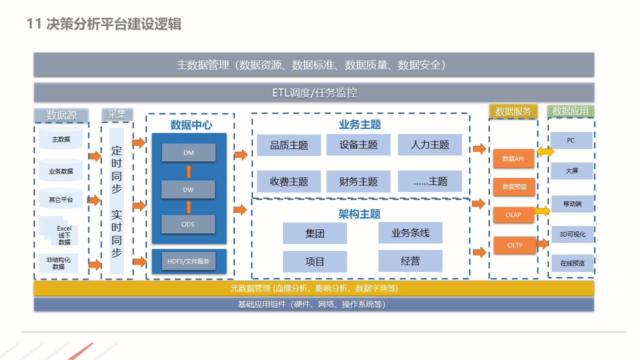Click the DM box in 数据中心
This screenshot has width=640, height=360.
coord(188,152)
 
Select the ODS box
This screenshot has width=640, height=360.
coord(188,224)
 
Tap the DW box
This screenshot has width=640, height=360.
coord(188,189)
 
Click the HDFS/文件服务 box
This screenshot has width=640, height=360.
coord(188,261)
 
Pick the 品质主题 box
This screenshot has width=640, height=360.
coord(289,145)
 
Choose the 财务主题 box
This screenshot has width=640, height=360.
coord(358,181)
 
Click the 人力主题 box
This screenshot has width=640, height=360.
coord(430,145)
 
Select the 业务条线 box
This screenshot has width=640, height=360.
coord(410,233)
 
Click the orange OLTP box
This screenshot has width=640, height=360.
coord(514,245)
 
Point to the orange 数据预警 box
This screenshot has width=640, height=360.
coord(514,187)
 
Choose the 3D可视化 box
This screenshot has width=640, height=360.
coord(572,234)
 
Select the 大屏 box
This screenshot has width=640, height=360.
coord(571,171)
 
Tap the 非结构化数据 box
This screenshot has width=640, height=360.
coord(58,263)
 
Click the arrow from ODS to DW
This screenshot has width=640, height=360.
coord(188,207)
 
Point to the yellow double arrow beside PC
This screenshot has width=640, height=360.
coord(545,151)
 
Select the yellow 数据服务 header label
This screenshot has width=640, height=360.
coord(513,111)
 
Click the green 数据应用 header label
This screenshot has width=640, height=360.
coord(570,111)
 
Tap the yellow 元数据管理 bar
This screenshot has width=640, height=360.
coord(314,288)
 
